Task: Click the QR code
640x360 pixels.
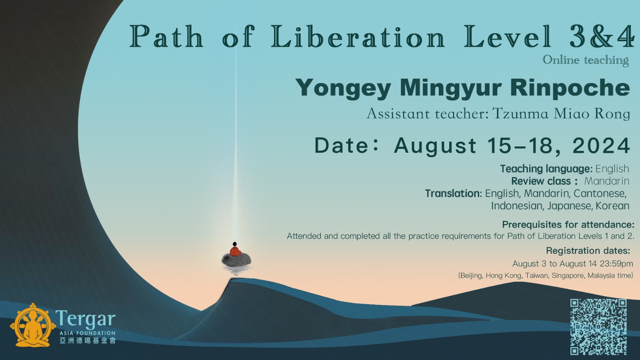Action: point(598,327)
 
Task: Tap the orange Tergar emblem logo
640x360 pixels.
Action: point(33,325)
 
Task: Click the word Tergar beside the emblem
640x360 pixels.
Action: point(86,318)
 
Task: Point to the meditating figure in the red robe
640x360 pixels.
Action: point(235,250)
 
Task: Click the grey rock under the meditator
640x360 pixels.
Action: point(236,260)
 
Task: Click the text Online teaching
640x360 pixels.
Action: point(586,60)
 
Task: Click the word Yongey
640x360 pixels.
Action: point(343,88)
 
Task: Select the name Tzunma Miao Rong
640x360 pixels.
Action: point(561,114)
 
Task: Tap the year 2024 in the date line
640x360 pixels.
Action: point(601,146)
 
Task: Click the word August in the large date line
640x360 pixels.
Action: point(435,146)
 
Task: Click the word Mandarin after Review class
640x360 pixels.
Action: point(606,181)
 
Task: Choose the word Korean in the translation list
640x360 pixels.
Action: point(612,206)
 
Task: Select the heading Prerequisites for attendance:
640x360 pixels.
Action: point(568,224)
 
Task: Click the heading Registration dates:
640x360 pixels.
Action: point(588,250)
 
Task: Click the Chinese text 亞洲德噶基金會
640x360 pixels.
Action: point(88,340)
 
